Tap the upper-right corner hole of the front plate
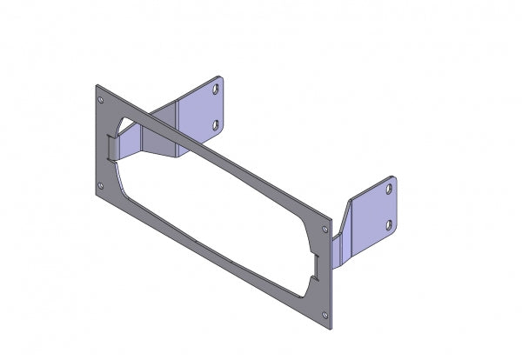325,229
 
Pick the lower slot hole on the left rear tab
216,126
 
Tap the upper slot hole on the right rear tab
390,189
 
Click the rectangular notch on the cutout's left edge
110,147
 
